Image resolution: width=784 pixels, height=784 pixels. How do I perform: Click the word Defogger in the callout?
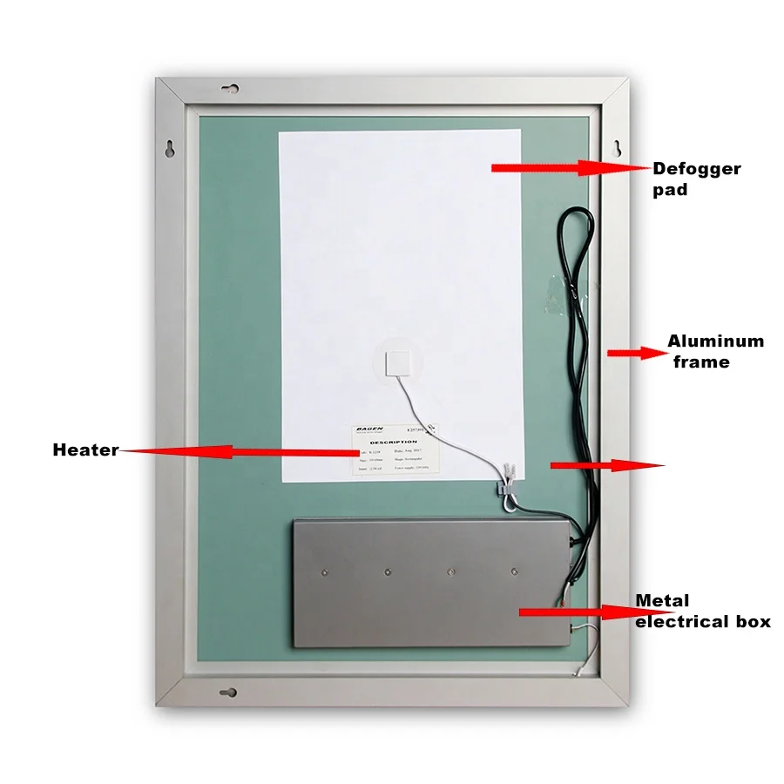(696, 169)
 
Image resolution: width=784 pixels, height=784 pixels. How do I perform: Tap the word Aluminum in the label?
(715, 341)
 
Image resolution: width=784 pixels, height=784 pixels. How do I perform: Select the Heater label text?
(84, 450)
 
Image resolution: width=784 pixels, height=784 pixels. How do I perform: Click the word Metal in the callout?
(662, 601)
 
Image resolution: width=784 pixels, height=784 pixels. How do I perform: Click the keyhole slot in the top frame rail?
(231, 89)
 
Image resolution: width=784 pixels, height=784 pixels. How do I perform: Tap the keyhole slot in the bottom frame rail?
(228, 694)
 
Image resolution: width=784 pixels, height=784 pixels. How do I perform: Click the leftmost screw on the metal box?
(322, 571)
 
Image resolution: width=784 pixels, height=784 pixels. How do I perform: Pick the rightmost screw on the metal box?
(515, 571)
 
